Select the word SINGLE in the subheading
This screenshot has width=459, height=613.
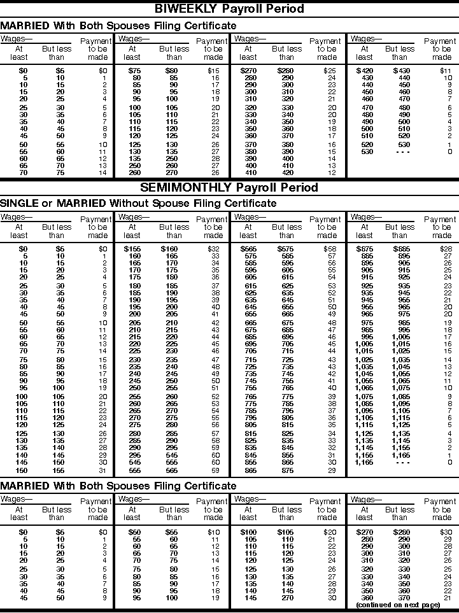point(20,204)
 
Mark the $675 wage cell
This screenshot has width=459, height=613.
point(365,248)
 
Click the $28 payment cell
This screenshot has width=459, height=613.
point(446,248)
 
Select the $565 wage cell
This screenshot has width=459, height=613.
point(248,248)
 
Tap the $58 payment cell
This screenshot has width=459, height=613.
point(330,248)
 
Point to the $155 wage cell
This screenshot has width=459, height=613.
point(132,248)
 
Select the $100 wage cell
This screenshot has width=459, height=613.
point(248,532)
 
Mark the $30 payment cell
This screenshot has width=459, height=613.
point(446,532)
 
